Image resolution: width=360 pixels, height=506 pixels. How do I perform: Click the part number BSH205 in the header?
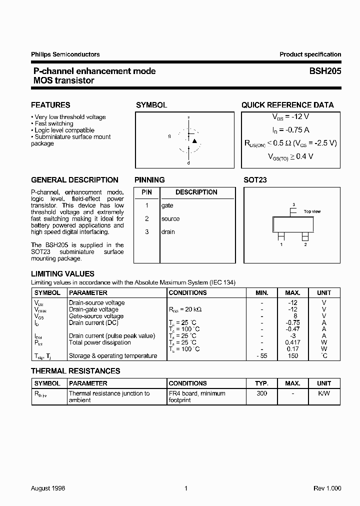click(325, 71)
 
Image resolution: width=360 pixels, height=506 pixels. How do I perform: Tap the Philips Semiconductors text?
click(65, 54)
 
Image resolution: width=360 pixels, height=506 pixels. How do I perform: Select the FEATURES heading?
click(50, 105)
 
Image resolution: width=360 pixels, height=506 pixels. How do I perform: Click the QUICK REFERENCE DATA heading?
click(287, 105)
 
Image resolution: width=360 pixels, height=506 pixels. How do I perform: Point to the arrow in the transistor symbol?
click(194, 141)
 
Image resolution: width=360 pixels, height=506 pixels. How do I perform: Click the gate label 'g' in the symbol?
click(169, 136)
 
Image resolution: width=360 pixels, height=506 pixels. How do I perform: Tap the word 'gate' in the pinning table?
click(167, 205)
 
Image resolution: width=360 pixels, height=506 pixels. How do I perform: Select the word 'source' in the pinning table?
click(170, 218)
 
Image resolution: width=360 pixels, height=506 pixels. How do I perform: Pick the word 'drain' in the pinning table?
click(168, 231)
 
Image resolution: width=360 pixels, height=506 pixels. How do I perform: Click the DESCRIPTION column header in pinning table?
click(196, 192)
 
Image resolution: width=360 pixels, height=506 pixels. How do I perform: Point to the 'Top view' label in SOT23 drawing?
click(312, 211)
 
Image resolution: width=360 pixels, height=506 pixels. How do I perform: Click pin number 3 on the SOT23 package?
click(293, 204)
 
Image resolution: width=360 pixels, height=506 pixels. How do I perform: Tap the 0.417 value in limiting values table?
click(293, 342)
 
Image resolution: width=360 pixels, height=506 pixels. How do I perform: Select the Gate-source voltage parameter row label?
click(96, 316)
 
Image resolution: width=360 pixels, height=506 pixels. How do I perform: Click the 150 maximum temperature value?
click(293, 356)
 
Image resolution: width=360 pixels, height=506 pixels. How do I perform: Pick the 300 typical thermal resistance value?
click(261, 393)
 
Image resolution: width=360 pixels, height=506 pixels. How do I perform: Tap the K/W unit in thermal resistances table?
click(324, 393)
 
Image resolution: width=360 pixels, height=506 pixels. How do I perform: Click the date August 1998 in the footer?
click(48, 488)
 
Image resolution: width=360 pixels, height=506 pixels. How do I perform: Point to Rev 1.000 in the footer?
click(327, 488)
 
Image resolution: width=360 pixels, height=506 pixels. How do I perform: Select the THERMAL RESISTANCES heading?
click(75, 371)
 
